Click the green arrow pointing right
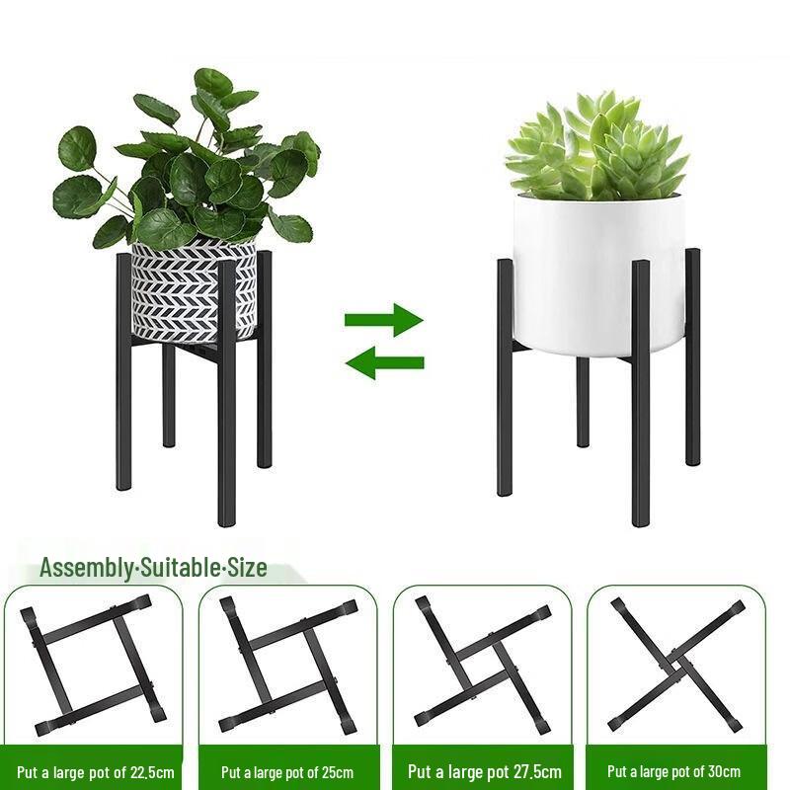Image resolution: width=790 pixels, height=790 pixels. click(x=384, y=320)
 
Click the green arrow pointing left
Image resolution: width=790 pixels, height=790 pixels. click(x=384, y=362)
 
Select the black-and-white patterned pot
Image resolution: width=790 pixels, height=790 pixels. click(x=194, y=288)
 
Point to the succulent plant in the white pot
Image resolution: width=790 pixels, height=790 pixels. click(x=596, y=148)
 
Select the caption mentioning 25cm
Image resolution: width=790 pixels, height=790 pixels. click(x=286, y=771)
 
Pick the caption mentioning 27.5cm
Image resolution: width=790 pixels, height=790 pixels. click(x=484, y=771)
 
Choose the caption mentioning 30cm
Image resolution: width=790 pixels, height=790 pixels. click(x=674, y=771)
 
